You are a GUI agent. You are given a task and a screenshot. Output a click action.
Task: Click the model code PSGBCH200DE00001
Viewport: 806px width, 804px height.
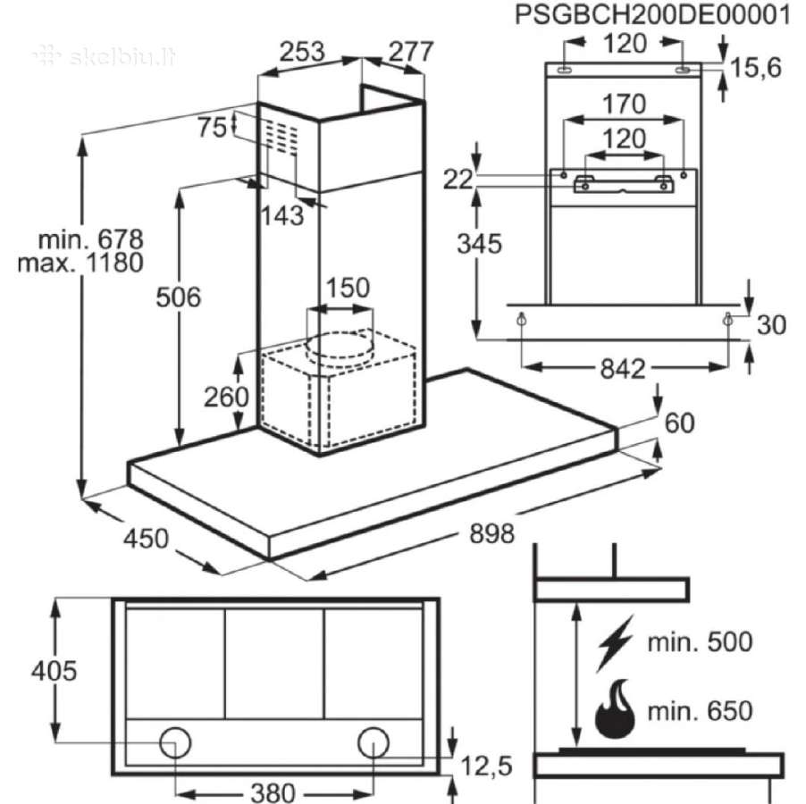[652, 15]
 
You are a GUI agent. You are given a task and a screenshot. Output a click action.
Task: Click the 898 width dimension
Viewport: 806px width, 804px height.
[492, 533]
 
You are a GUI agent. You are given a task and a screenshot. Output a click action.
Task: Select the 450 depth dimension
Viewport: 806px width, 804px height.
[146, 539]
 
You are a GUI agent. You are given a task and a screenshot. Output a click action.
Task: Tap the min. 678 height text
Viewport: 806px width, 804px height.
[91, 239]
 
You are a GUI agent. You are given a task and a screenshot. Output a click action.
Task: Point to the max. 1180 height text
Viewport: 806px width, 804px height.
[80, 263]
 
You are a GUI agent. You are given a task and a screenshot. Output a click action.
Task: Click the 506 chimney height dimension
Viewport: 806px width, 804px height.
[178, 297]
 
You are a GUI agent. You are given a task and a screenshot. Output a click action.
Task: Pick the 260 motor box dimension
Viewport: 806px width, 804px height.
[226, 397]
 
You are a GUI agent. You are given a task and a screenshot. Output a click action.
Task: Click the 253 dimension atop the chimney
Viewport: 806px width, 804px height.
[302, 52]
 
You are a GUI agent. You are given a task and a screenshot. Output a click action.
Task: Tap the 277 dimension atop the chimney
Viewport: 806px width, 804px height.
[411, 52]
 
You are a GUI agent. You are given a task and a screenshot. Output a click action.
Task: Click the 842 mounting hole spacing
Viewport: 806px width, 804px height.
[623, 369]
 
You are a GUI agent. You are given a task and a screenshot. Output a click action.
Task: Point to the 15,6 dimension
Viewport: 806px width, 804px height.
[756, 68]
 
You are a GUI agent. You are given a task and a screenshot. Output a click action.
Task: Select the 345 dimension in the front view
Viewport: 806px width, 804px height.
[479, 244]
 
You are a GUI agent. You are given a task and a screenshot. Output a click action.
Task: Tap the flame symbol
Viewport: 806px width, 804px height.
[615, 709]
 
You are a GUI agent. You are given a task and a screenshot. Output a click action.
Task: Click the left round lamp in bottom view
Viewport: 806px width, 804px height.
[175, 743]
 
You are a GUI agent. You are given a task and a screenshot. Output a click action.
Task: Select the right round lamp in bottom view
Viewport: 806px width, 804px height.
[374, 743]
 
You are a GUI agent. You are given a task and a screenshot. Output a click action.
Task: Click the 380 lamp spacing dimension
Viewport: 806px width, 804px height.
[273, 791]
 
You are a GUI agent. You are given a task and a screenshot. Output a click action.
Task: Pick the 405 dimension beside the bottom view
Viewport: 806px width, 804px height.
[54, 670]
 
